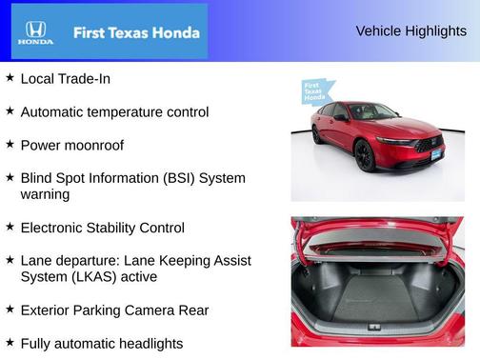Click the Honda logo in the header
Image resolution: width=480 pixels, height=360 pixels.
tap(35, 32)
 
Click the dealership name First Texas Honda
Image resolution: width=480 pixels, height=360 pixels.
tap(136, 32)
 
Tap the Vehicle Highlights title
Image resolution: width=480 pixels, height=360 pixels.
tap(410, 30)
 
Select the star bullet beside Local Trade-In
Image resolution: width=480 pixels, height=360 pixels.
tap(10, 78)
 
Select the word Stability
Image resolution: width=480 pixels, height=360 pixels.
tap(122, 228)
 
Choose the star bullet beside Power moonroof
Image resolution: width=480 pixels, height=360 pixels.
tap(10, 145)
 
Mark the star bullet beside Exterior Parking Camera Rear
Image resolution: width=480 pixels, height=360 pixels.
tap(10, 309)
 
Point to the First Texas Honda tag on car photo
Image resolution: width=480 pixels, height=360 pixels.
tap(318, 91)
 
